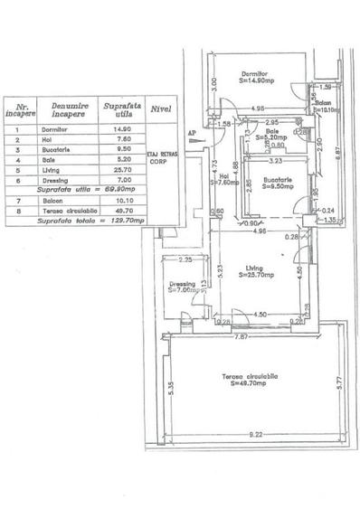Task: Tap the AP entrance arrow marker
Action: [x=191, y=135]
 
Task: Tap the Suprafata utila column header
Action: [x=118, y=110]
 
